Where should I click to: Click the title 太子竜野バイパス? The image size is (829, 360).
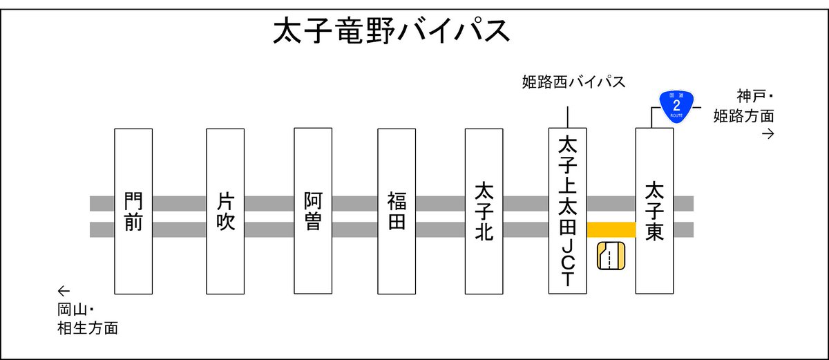[392, 32]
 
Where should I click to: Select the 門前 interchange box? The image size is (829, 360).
[133, 211]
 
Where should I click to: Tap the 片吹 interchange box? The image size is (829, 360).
[225, 211]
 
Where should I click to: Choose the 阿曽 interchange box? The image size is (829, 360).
[313, 211]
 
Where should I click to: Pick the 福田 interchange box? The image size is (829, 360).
[397, 211]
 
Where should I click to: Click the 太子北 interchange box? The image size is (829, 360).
[484, 211]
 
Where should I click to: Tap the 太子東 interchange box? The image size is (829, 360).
[654, 211]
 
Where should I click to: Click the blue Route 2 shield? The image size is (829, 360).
[676, 105]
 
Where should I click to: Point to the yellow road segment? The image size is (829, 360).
[611, 229]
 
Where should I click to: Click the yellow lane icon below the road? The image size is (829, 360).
[611, 256]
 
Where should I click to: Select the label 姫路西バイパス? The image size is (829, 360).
[573, 83]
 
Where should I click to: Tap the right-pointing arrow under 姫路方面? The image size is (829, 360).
[767, 133]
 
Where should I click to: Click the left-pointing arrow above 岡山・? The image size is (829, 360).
[64, 290]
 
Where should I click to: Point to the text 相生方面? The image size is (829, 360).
[87, 328]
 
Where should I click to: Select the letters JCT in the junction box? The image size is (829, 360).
[567, 263]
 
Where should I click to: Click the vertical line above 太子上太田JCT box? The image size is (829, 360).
[567, 117]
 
